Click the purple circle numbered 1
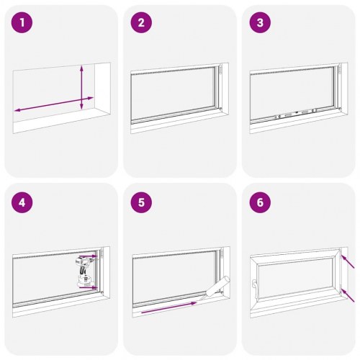tap(22, 23)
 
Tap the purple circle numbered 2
tap(141, 23)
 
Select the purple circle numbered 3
tap(260, 23)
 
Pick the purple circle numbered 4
tap(22, 202)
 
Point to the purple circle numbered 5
tap(141, 202)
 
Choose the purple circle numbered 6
tap(260, 202)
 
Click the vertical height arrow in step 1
tap(81, 87)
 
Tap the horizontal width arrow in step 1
tap(54, 104)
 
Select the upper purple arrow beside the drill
tap(88, 256)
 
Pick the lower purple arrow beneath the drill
tap(89, 287)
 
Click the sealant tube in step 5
tap(216, 288)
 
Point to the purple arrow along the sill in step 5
tap(169, 307)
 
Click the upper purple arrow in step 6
tap(348, 261)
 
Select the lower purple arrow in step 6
tap(348, 295)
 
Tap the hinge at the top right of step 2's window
tap(221, 70)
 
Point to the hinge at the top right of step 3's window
tap(340, 69)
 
